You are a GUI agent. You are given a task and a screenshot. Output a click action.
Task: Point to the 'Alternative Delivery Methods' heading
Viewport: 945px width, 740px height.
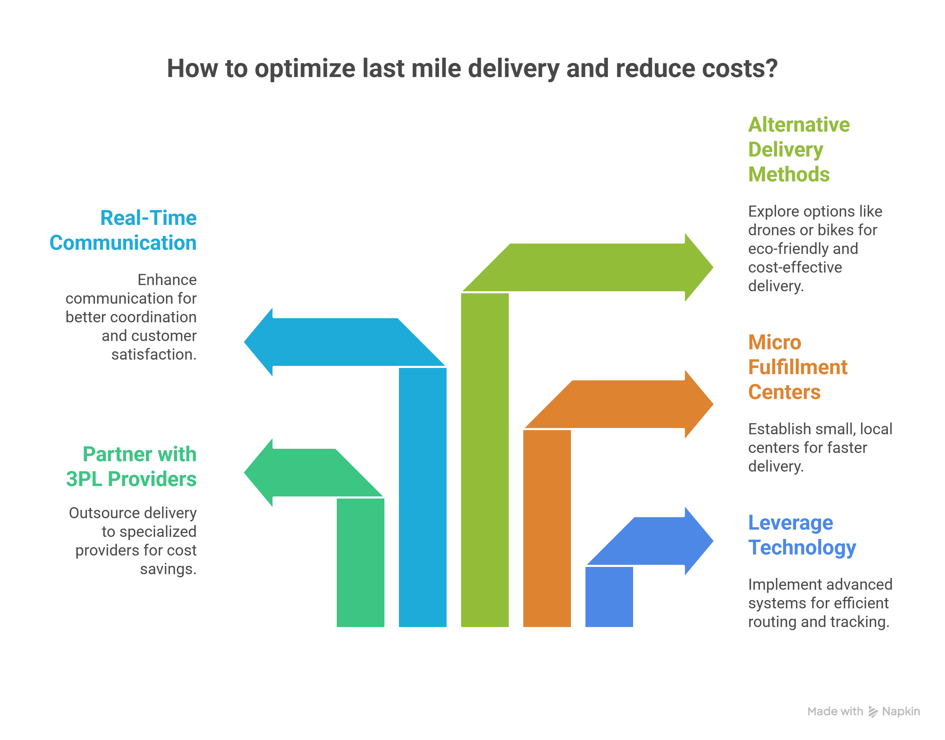click(798, 150)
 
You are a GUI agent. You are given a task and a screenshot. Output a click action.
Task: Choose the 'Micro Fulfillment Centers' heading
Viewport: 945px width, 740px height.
click(797, 367)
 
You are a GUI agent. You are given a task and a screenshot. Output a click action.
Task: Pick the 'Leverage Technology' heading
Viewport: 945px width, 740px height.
click(802, 535)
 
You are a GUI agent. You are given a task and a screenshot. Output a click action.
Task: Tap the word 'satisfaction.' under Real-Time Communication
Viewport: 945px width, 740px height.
click(154, 354)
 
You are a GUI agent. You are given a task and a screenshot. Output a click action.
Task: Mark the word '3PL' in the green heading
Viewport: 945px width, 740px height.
click(84, 479)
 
